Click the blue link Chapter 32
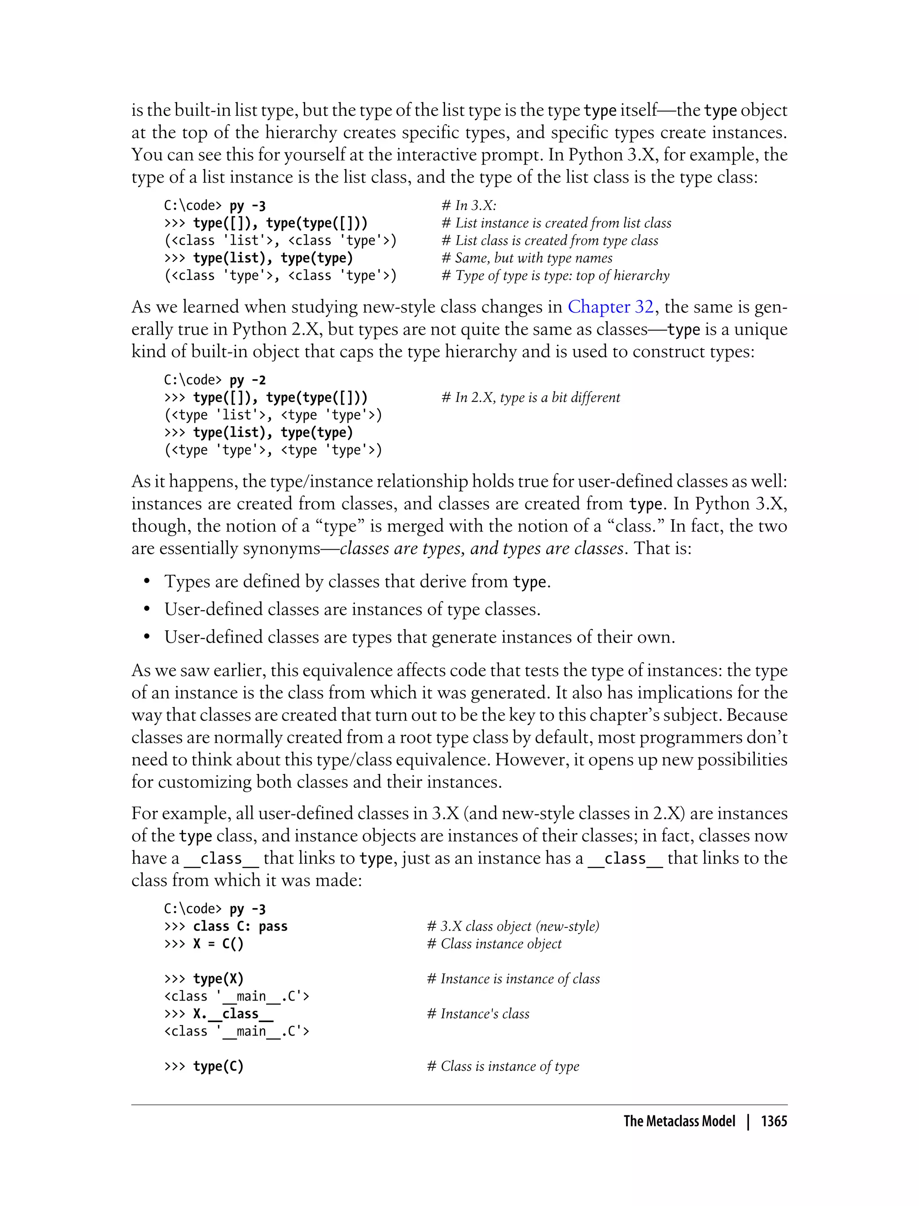click(610, 307)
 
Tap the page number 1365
click(774, 1121)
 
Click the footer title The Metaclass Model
click(679, 1121)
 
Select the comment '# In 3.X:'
click(469, 205)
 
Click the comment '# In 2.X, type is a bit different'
click(530, 398)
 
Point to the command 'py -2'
click(247, 380)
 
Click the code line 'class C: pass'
click(240, 926)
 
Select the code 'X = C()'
click(218, 944)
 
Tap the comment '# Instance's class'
click(478, 1014)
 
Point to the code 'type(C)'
click(218, 1066)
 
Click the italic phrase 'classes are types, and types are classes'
click(481, 548)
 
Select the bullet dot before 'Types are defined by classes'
click(147, 582)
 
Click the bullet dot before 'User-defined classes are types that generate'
click(147, 638)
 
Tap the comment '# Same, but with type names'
click(527, 258)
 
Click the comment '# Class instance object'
click(494, 944)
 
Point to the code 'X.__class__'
click(233, 1014)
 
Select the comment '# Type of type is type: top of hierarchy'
click(555, 275)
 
